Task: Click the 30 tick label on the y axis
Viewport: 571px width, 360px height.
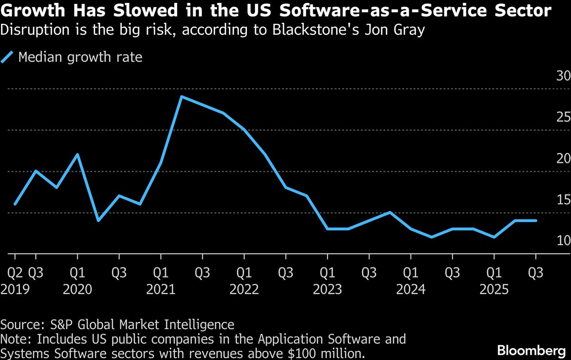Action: click(x=563, y=76)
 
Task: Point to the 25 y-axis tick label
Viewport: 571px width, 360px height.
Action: click(x=563, y=117)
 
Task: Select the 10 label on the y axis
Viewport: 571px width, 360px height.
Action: click(x=563, y=241)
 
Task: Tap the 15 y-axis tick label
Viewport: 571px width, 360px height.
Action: click(x=563, y=200)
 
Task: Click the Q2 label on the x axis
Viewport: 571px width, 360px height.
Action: click(x=15, y=273)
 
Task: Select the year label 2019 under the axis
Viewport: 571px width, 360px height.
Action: click(x=15, y=289)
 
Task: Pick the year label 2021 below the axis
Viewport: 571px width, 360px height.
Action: click(x=161, y=289)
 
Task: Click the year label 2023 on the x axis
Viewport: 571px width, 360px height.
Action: click(x=327, y=289)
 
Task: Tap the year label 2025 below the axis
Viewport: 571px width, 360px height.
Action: click(x=494, y=289)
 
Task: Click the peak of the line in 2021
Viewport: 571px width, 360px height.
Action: click(x=182, y=97)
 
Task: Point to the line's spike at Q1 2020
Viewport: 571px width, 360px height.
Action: click(x=77, y=154)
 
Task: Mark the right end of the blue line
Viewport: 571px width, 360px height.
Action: click(x=536, y=220)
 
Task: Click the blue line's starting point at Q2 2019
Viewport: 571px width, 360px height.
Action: click(x=15, y=204)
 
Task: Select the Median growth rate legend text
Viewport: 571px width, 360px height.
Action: click(x=80, y=58)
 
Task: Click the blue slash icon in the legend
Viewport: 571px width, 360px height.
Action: click(x=7, y=58)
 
